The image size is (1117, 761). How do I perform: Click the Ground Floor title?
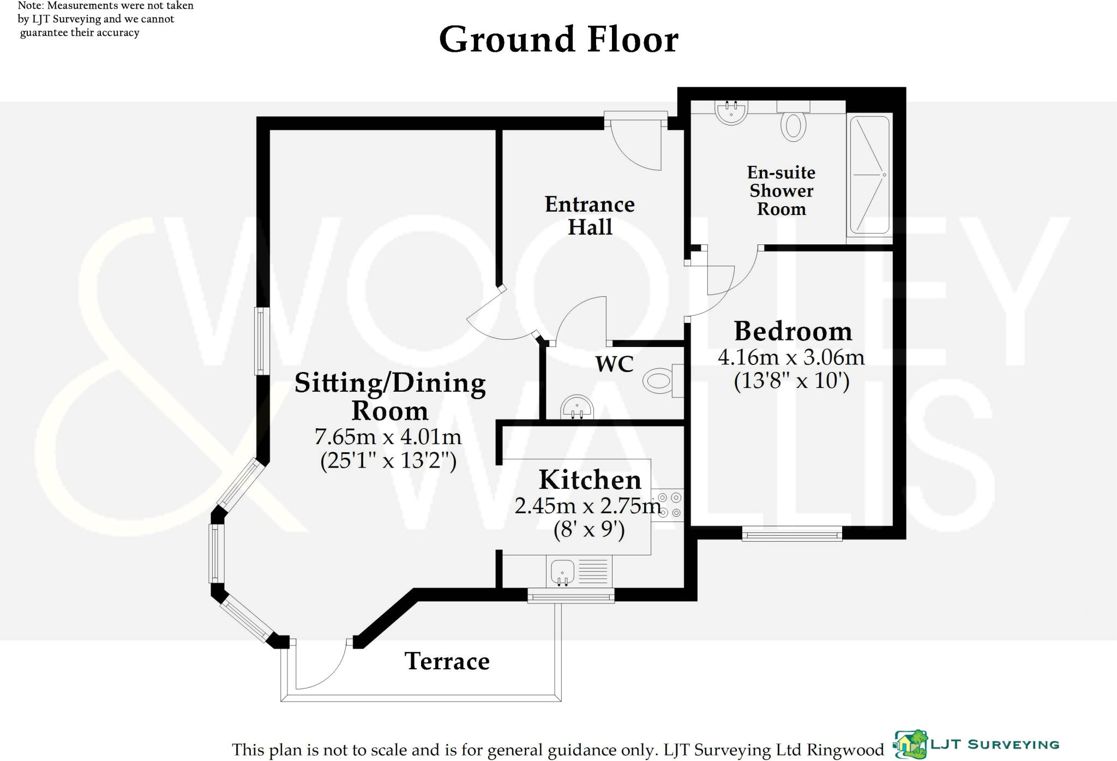coord(558,39)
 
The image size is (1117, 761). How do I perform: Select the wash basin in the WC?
coord(576,407)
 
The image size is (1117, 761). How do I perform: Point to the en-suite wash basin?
coord(731,112)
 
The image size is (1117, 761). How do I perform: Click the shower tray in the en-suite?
coord(869,175)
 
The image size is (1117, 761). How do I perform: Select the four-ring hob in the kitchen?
coord(669,505)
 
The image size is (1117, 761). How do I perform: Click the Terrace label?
coord(447,661)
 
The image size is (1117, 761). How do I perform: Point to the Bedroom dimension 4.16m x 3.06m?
coord(791,358)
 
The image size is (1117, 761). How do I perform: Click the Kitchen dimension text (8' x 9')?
coord(589,530)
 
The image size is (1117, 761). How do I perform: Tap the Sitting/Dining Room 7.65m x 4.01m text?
coord(388,437)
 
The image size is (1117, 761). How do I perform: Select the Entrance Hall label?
coord(590,215)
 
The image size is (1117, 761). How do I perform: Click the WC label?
coord(614,364)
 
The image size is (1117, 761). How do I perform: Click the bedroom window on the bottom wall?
coord(791,534)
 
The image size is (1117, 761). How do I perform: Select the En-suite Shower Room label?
coord(781,190)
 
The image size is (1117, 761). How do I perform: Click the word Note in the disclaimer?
coord(29,6)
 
